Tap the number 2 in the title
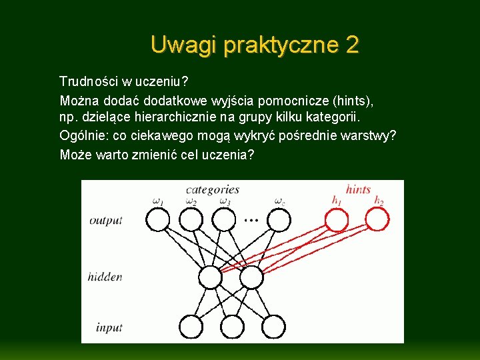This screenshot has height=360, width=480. pos(352,45)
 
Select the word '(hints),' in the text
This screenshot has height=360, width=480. pos(353,101)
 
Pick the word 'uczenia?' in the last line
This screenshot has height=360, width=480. pos(231,155)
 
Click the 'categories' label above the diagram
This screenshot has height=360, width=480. pos(212,190)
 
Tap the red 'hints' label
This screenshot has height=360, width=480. pos(358,190)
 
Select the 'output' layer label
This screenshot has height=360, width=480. pos(106,220)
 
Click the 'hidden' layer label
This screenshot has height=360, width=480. pos(105,276)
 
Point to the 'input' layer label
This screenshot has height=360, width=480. pos(109,327)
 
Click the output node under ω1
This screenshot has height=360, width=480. pos(157,219)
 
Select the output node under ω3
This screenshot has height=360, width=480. pos(224,219)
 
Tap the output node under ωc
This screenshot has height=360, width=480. pos(280,219)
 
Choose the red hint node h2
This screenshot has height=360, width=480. pos(377,219)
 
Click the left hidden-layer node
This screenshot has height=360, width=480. pos(211,277)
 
